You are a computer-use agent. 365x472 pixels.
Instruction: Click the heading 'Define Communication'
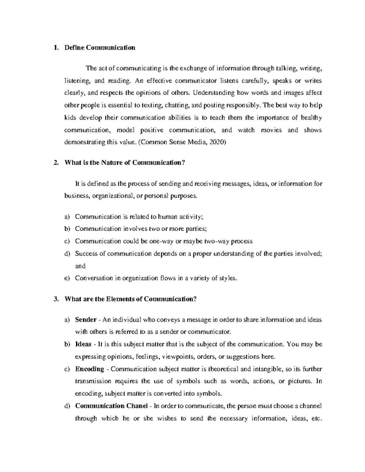(100, 48)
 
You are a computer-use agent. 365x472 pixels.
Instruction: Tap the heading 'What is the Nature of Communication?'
(125, 163)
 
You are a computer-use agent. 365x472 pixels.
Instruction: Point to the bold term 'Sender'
(86, 320)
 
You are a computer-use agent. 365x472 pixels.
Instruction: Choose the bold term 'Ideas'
(83, 344)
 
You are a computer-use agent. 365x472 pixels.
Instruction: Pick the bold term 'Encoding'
(90, 369)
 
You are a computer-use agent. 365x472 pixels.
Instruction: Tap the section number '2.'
(55, 163)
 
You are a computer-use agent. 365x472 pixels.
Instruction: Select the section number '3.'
(55, 299)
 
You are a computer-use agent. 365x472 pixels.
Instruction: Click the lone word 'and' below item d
(80, 266)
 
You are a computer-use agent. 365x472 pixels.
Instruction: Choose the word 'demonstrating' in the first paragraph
(83, 142)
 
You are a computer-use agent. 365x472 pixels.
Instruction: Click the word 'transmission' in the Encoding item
(91, 381)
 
